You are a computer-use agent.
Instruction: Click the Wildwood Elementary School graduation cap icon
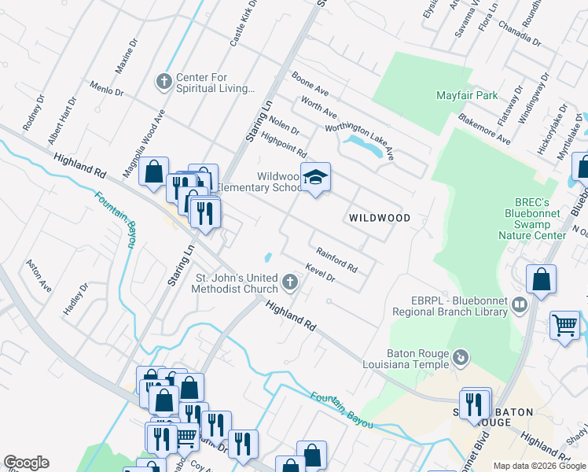pos(315,178)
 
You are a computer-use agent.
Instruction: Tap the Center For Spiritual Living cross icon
pos(164,81)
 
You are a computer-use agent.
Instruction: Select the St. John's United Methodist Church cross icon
pos(290,282)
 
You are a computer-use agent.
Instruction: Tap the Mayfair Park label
pos(467,96)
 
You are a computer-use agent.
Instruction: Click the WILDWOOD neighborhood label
pos(380,218)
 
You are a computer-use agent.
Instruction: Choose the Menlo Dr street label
pos(107,87)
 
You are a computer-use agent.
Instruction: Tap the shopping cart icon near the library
pos(565,324)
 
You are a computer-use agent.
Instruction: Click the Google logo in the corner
pos(26,463)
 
